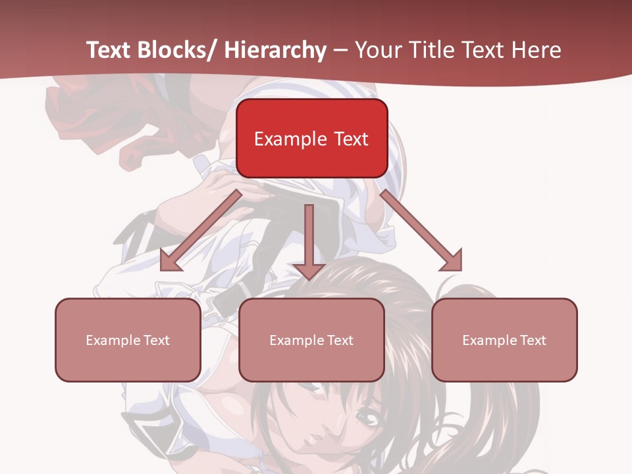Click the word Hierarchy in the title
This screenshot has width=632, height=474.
point(275,50)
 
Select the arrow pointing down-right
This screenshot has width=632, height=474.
point(418,227)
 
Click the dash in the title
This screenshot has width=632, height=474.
point(340,50)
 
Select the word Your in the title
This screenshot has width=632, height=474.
point(377,50)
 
